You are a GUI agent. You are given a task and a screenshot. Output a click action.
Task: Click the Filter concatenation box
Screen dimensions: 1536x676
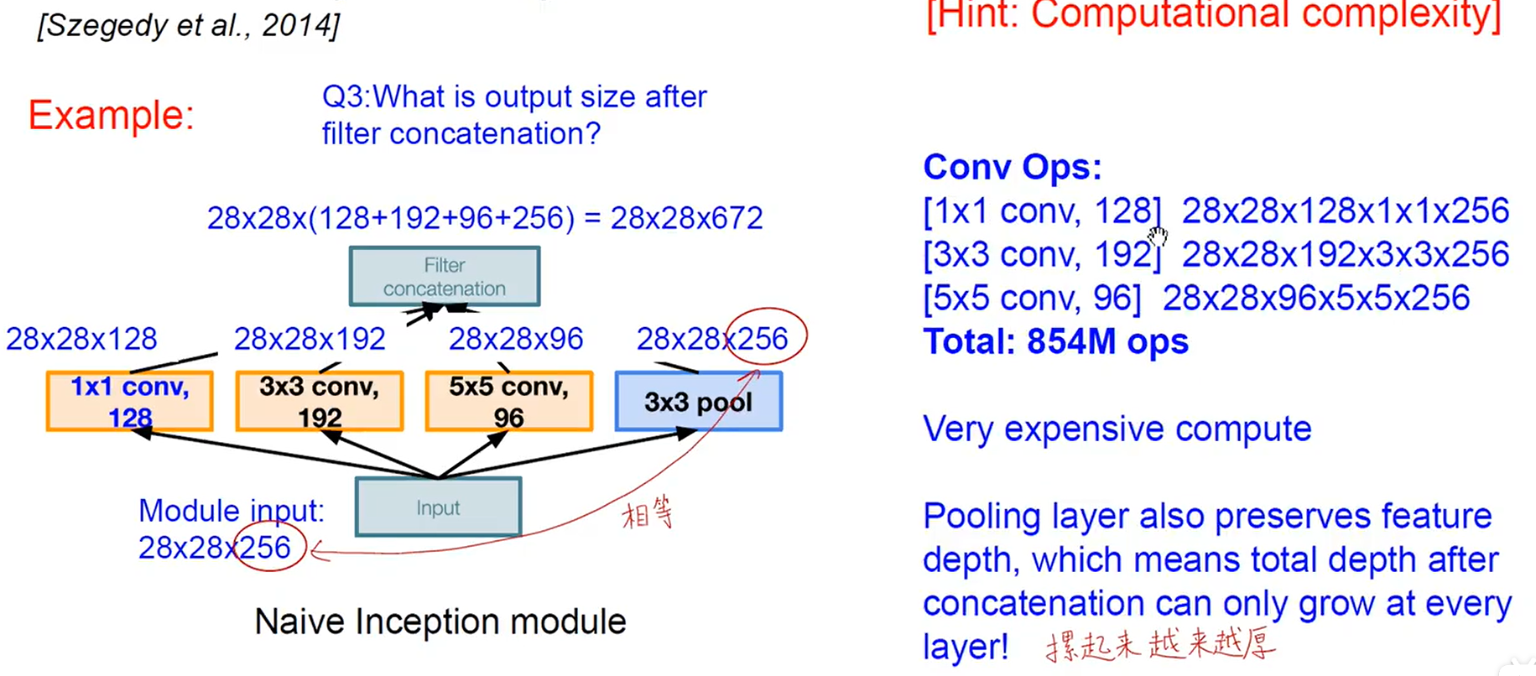[x=444, y=276]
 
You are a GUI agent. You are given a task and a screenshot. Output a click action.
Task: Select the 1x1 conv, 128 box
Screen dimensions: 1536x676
[x=129, y=401]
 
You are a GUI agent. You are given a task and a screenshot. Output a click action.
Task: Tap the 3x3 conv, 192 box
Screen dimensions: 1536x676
[x=319, y=401]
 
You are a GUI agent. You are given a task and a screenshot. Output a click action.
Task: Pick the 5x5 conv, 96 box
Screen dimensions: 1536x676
[x=508, y=401]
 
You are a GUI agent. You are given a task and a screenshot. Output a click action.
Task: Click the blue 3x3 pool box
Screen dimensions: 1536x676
[x=698, y=402]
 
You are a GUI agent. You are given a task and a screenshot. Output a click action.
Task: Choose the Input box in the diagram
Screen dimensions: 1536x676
[x=438, y=507]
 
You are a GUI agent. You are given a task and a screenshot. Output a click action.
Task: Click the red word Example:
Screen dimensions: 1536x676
[x=111, y=115]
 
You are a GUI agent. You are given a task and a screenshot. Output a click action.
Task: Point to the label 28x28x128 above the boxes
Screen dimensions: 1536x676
[x=81, y=339]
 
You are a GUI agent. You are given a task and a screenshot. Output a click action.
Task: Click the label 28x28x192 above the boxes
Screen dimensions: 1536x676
[x=310, y=339]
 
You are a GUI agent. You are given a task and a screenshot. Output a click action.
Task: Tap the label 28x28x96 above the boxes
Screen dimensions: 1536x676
[x=515, y=339]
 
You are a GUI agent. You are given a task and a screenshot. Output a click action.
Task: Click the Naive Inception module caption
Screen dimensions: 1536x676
[x=440, y=621]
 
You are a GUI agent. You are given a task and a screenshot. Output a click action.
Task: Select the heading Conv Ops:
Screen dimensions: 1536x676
[x=1012, y=167]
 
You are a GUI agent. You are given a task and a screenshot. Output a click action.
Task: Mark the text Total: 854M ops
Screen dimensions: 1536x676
[x=1055, y=341]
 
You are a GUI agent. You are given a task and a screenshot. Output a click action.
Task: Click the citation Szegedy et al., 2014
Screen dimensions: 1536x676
[x=189, y=25]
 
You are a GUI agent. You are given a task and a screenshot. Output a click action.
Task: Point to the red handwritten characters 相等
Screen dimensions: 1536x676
[x=648, y=513]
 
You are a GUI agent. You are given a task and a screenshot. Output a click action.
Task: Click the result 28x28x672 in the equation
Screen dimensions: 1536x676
[x=686, y=218]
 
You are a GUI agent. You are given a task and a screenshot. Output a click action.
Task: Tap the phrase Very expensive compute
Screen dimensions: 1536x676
[x=1117, y=429]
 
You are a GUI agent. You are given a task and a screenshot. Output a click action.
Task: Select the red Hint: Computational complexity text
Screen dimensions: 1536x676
[x=1213, y=15]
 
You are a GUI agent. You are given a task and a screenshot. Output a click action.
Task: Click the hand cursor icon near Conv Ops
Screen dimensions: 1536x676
[x=1158, y=236]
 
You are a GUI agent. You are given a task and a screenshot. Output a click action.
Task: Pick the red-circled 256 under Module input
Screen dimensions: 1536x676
[x=266, y=548]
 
